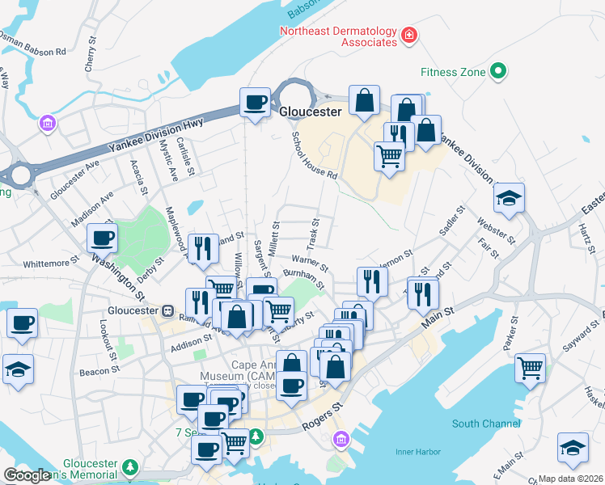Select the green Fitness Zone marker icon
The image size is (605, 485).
pyautogui.click(x=499, y=72)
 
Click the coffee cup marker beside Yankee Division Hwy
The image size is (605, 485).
pyautogui.click(x=256, y=103)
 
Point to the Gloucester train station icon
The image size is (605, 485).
pyautogui.click(x=168, y=310)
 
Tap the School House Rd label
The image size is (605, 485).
pyautogui.click(x=314, y=156)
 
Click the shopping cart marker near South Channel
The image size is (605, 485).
pyautogui.click(x=530, y=368)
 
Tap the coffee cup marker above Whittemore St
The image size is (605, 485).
pyautogui.click(x=103, y=238)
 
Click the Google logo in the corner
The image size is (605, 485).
pyautogui.click(x=27, y=475)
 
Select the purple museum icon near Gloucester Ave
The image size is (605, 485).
pyautogui.click(x=47, y=124)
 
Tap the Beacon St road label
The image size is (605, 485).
pyautogui.click(x=99, y=372)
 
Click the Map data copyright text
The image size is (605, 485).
pyautogui.click(x=570, y=479)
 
